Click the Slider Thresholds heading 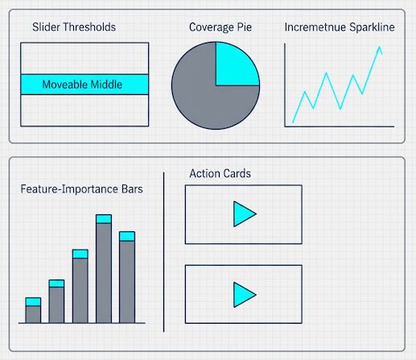(74, 27)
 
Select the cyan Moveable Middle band (84, 85)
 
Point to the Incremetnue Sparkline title (340, 27)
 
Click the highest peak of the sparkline (379, 47)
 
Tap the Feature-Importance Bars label (82, 190)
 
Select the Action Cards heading (220, 173)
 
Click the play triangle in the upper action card (243, 213)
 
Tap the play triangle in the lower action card (243, 293)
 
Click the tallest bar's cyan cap (103, 218)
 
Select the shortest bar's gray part (33, 314)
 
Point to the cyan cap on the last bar (127, 236)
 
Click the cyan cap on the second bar (56, 283)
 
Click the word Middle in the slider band (105, 85)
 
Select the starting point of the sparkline (292, 122)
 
